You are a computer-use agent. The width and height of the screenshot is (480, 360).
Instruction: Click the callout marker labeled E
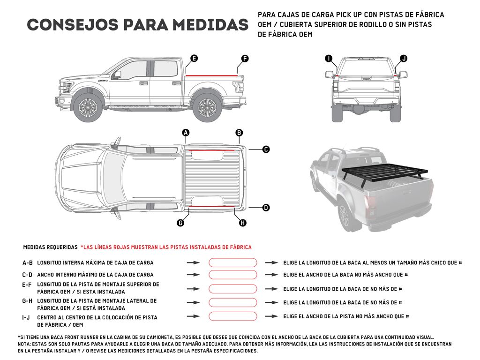coord(194,59)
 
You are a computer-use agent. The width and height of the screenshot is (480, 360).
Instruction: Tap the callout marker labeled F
coord(245,59)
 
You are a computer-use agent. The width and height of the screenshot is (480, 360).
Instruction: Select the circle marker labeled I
coord(329,59)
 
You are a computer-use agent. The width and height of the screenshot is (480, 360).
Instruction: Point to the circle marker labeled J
coord(404,59)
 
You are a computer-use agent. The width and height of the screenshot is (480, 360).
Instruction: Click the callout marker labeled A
coord(186,133)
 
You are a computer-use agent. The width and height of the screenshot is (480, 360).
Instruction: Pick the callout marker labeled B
coord(239,133)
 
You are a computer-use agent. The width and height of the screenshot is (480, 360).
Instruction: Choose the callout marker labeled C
coord(266,150)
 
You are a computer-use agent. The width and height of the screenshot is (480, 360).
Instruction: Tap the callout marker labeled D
coord(266,207)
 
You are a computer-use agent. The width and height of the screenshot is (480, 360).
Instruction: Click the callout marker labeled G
coord(180,223)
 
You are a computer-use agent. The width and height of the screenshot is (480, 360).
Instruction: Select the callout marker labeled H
coord(242,223)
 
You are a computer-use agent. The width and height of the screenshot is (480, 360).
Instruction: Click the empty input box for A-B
coord(232,263)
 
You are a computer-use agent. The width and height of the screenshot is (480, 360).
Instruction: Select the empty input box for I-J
coord(232,316)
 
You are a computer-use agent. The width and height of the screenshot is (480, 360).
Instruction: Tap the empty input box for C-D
coord(232,275)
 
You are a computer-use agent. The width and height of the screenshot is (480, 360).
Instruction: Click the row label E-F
coord(27,285)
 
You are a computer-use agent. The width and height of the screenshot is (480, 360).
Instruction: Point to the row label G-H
coord(27,301)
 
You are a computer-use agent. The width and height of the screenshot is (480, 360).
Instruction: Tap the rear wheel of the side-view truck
coord(207,108)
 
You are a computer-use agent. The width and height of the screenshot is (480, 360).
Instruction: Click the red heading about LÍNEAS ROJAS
coord(166,247)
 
